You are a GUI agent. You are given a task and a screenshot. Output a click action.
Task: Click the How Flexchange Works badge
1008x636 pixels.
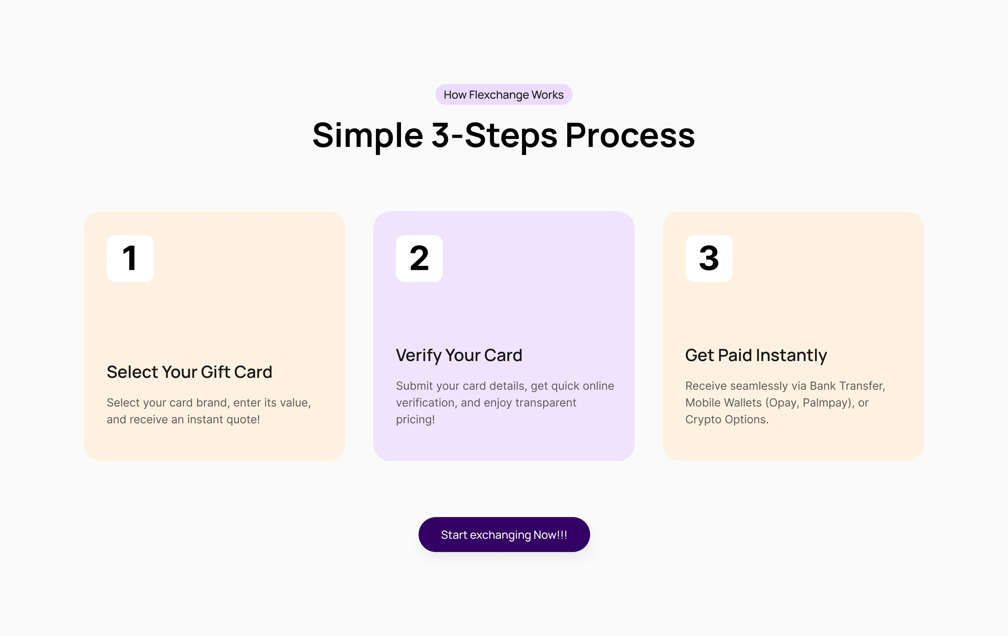coord(504,94)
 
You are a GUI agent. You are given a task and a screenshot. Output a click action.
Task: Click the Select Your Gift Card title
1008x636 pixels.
coord(190,372)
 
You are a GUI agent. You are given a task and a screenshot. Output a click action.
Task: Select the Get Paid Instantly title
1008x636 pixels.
coord(756,355)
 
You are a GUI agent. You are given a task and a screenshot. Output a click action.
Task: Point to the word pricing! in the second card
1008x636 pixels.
coord(415,420)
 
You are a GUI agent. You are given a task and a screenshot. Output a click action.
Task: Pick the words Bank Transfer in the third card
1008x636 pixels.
coord(847,386)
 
